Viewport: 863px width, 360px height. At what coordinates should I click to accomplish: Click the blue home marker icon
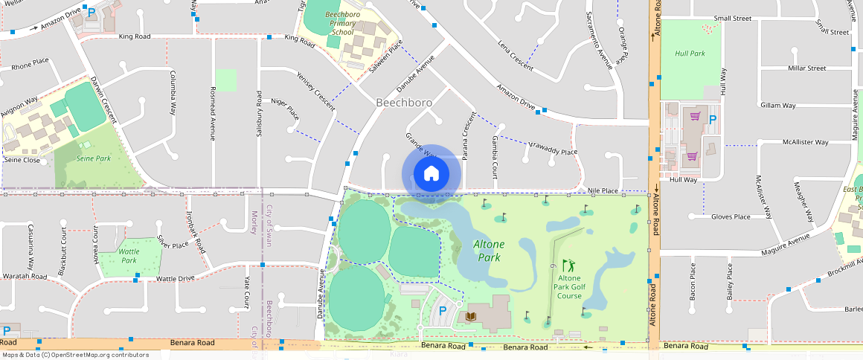(431, 174)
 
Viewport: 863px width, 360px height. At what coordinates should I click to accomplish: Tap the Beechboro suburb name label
(404, 102)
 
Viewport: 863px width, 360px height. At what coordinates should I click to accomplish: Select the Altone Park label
(489, 251)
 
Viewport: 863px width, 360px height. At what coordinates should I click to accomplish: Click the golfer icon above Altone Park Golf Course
(568, 266)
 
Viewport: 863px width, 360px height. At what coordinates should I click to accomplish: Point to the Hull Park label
(690, 54)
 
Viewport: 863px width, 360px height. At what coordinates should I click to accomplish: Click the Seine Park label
(93, 158)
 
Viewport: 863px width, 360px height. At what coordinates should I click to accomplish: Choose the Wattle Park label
(129, 256)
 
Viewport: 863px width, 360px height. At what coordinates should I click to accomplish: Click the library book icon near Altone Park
(470, 316)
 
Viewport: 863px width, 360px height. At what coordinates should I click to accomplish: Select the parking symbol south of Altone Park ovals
(443, 311)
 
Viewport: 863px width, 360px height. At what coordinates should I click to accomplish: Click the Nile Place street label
(603, 191)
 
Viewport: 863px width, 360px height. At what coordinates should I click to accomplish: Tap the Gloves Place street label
(730, 216)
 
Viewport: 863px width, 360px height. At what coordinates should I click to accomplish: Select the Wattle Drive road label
(175, 279)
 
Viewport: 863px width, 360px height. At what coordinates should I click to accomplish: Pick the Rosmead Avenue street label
(212, 114)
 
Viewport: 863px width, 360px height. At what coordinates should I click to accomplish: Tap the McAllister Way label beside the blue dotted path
(805, 142)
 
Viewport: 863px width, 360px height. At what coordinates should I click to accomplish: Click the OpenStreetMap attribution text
(74, 355)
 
